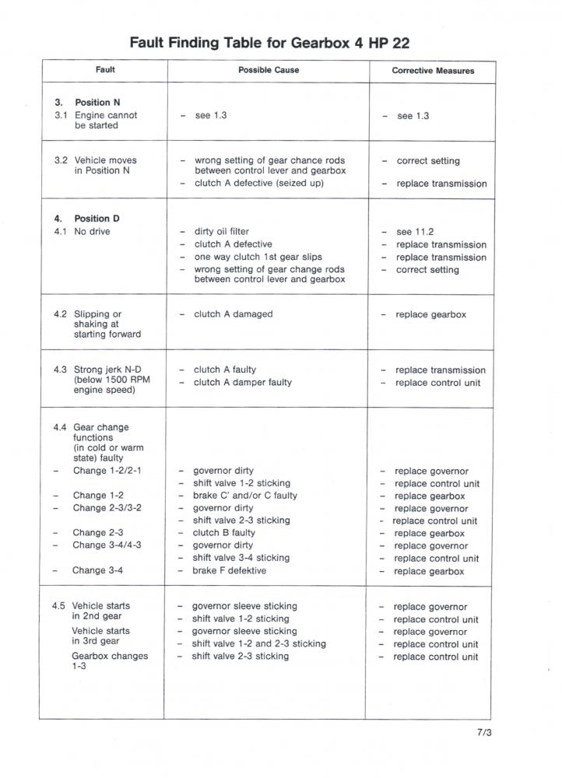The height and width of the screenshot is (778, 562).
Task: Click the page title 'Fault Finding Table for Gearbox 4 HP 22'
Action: pos(269,43)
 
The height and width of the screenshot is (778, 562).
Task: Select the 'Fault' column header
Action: pos(105,70)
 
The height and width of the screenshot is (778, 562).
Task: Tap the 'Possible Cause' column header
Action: pos(269,70)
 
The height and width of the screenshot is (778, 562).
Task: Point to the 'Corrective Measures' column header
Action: pos(433,71)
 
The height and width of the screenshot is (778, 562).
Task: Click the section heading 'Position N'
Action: pos(97,103)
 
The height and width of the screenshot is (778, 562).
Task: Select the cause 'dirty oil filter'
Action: pos(221,232)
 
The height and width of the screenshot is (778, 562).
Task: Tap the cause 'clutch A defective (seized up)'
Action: pos(258,184)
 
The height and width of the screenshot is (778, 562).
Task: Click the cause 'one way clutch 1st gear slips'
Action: pos(258,257)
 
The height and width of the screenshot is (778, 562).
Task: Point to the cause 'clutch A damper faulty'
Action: pos(243,382)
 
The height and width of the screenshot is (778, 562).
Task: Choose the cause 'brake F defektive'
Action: pos(230,570)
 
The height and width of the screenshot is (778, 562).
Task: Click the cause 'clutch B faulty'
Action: pos(223,533)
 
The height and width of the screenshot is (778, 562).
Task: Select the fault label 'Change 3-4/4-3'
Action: pos(107,545)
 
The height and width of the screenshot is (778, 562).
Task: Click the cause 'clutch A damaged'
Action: pos(234,314)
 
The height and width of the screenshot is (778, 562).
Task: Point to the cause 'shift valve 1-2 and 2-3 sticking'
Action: pos(258,643)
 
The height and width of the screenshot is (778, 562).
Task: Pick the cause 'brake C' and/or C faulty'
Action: pos(245,496)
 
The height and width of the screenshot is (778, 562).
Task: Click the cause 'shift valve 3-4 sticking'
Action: pos(241,558)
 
